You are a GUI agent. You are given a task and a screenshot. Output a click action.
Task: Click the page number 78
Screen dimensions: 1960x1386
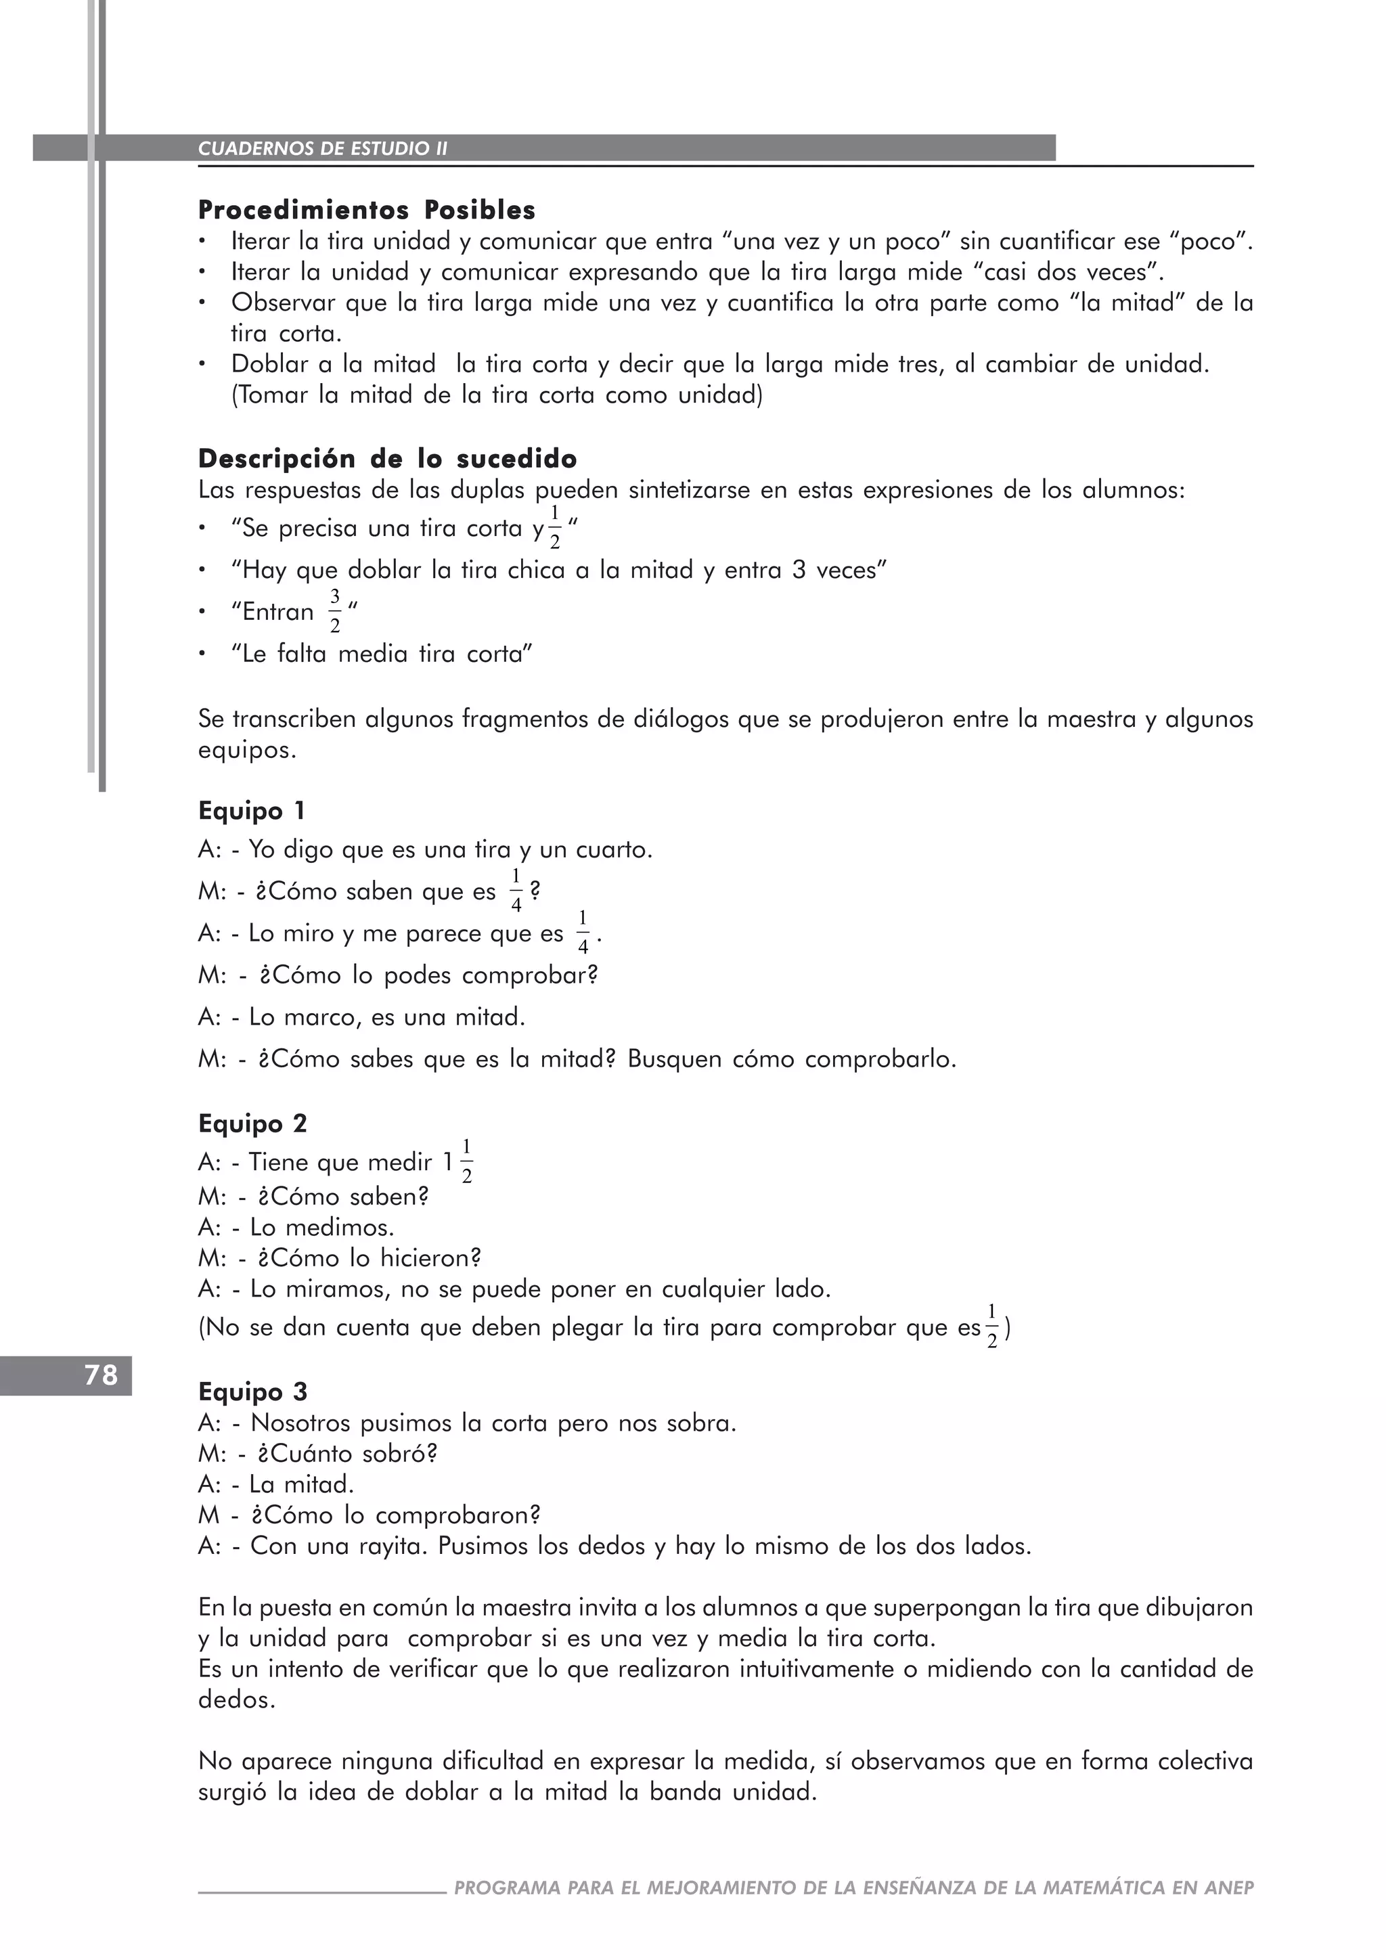coord(101,1375)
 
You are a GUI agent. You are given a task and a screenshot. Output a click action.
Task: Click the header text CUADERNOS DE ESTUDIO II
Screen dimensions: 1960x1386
coord(323,148)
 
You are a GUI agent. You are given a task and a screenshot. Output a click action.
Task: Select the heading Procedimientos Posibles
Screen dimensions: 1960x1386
coord(367,210)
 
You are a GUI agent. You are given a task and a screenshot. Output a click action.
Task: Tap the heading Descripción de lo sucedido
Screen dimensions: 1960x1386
coord(388,460)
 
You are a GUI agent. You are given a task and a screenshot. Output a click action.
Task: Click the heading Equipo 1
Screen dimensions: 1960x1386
coord(252,810)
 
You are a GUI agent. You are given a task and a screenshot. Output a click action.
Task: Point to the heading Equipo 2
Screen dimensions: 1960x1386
coord(252,1123)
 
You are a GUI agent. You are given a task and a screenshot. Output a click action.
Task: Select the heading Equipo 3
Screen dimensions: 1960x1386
coord(252,1391)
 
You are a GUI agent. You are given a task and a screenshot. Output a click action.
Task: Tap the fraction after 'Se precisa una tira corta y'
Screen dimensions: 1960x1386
coord(555,527)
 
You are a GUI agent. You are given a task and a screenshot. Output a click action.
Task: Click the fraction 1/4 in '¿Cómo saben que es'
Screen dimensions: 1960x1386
coord(516,891)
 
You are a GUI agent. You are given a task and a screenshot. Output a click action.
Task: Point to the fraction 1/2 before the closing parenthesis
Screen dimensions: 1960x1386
coord(991,1327)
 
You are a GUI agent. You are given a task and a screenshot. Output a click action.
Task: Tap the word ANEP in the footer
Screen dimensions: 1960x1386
coord(1229,1888)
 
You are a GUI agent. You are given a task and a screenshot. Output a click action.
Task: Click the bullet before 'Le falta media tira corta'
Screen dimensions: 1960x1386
coord(202,654)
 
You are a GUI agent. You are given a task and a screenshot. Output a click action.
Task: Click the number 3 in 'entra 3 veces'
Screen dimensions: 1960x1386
coord(799,571)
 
